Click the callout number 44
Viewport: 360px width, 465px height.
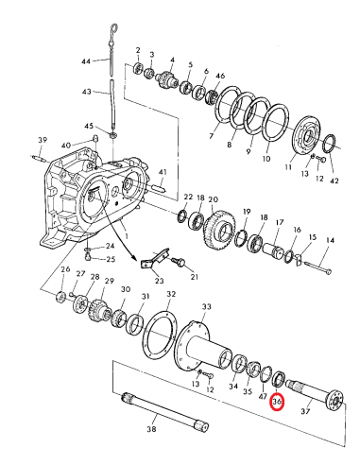[86, 60]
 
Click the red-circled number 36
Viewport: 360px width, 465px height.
[277, 402]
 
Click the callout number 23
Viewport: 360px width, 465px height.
[158, 281]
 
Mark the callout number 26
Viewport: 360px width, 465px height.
[65, 271]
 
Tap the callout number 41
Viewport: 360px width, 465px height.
[162, 173]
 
